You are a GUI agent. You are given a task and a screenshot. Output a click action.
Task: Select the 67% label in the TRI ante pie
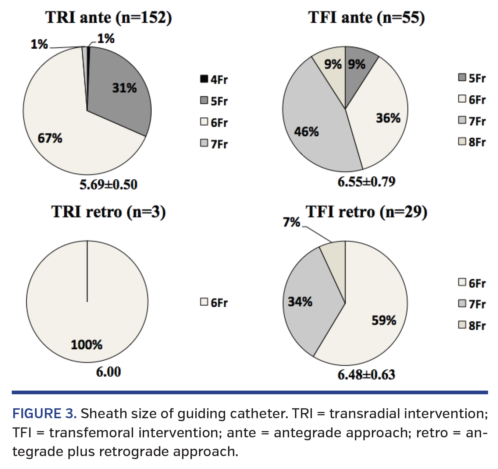[50, 138]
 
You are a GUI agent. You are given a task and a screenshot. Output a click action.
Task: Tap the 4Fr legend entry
[214, 80]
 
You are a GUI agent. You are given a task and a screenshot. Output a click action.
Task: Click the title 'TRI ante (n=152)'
[109, 18]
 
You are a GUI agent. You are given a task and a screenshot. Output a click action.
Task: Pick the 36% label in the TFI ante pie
[388, 118]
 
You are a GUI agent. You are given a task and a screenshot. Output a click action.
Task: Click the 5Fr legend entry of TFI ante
[472, 78]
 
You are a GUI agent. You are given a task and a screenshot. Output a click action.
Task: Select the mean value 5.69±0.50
[109, 184]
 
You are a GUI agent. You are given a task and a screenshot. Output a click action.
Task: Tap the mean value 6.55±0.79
[366, 181]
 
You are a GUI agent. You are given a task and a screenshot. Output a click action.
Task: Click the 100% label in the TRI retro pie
[86, 345]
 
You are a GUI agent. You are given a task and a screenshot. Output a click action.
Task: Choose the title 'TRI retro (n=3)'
[109, 212]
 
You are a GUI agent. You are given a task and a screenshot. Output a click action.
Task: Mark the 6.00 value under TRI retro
[109, 372]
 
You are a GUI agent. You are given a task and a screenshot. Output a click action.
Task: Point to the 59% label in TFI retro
[384, 320]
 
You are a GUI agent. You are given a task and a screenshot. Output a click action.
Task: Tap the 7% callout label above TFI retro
[291, 222]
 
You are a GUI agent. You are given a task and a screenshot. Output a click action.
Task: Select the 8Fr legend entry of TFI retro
[472, 326]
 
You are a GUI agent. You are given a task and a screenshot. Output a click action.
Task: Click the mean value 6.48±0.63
[366, 375]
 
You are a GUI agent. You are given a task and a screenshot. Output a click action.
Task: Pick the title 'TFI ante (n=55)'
[366, 18]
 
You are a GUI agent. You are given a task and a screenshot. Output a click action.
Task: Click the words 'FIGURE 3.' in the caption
[45, 414]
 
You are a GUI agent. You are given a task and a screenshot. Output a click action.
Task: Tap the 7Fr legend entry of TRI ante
[214, 144]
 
